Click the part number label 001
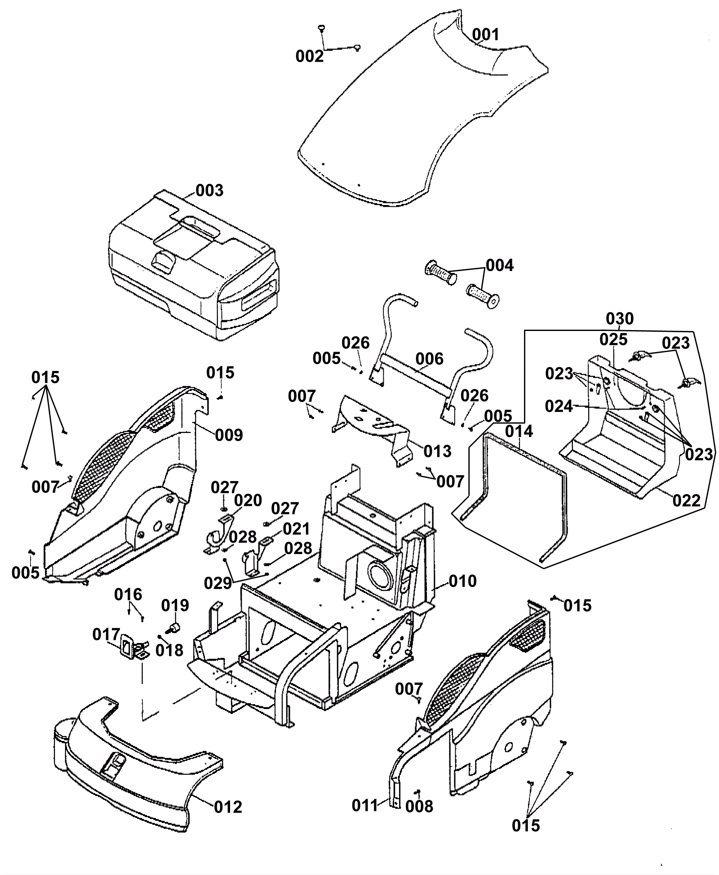(x=485, y=35)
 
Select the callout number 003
(x=209, y=190)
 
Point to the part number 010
(x=462, y=581)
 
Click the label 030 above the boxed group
(x=620, y=319)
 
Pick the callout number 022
(x=686, y=500)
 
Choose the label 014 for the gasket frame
(x=519, y=432)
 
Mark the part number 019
(x=175, y=606)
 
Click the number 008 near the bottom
(x=419, y=807)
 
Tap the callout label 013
(x=437, y=451)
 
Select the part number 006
(x=429, y=359)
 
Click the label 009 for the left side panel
(x=229, y=435)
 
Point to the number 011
(x=365, y=806)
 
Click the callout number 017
(x=107, y=635)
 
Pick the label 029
(x=218, y=583)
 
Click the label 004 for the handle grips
(x=500, y=266)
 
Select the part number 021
(x=296, y=529)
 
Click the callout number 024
(x=559, y=406)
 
